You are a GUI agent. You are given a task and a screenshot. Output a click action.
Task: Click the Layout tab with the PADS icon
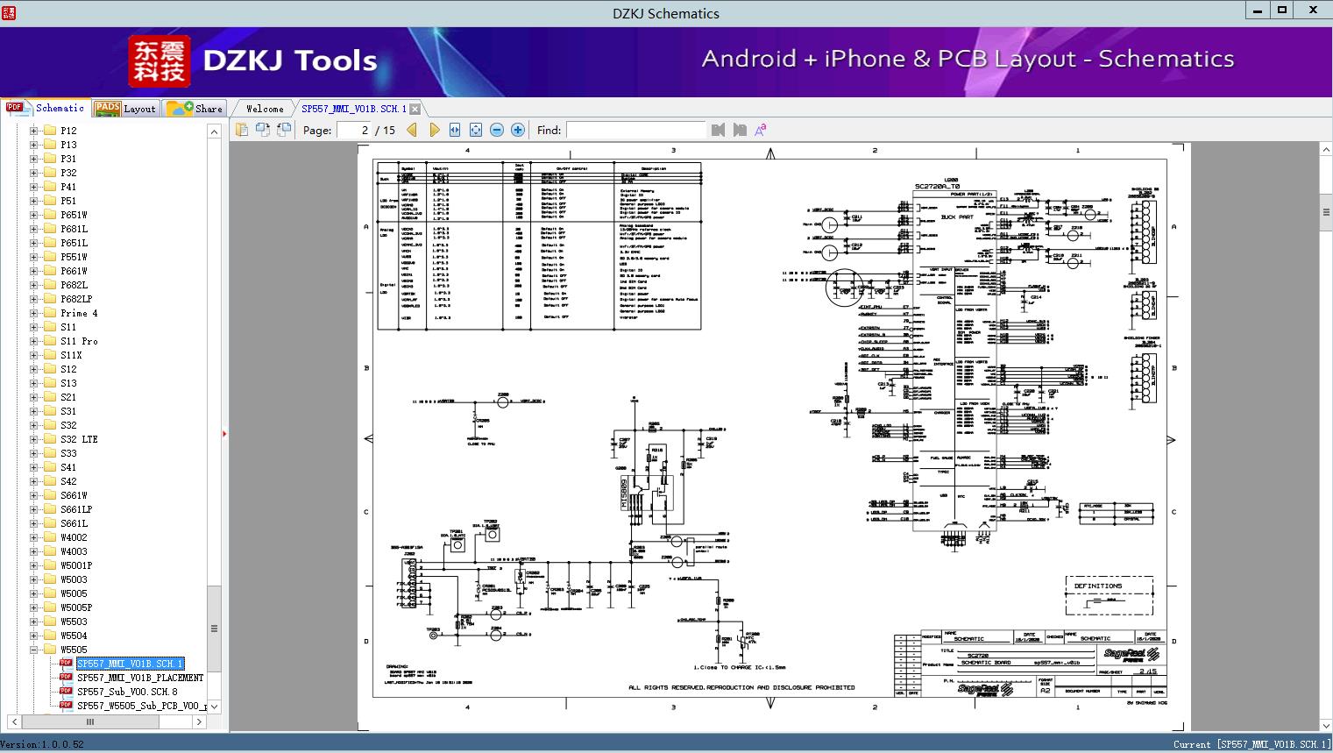125,109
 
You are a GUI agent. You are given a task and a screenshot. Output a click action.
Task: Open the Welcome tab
264,109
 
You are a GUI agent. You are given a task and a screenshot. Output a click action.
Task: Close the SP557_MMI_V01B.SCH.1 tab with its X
415,110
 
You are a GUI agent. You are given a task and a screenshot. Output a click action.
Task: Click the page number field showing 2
355,131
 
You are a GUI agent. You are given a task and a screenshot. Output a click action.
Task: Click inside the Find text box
635,131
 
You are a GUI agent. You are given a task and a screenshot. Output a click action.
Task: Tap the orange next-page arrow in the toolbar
434,131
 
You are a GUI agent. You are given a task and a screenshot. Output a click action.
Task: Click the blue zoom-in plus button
518,131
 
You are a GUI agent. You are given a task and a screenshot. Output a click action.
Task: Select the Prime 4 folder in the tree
79,313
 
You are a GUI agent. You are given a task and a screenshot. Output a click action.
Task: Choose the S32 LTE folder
79,439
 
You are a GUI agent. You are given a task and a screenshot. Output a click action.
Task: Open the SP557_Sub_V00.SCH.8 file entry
126,692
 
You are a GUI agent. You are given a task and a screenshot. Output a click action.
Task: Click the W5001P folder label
75,565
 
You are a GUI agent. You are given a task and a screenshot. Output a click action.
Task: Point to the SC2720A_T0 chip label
937,187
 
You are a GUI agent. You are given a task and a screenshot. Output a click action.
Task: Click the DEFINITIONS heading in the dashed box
1097,586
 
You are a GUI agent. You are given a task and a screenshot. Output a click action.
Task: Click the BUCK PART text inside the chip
957,217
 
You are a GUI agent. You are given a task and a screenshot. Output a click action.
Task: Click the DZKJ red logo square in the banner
160,61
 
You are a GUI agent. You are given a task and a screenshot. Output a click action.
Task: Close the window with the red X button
1313,11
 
